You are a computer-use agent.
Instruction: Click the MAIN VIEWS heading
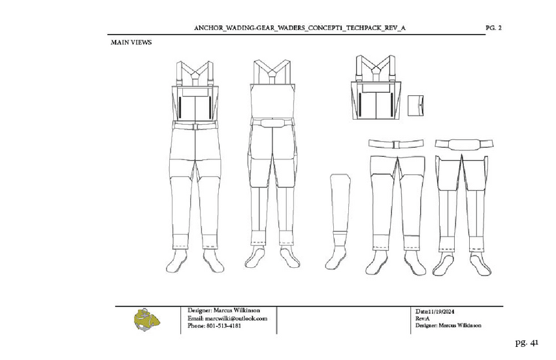pyautogui.click(x=131, y=42)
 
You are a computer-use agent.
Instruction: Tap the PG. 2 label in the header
pyautogui.click(x=494, y=27)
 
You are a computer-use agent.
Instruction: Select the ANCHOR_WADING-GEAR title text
pyautogui.click(x=304, y=27)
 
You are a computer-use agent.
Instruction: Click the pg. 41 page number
pyautogui.click(x=526, y=342)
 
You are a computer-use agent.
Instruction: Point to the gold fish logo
pyautogui.click(x=147, y=319)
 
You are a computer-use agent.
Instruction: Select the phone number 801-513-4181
pyautogui.click(x=214, y=325)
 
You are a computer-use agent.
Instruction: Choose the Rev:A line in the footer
pyautogui.click(x=422, y=318)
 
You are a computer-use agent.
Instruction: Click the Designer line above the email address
pyautogui.click(x=217, y=310)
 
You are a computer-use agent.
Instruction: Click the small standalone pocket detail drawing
pyautogui.click(x=415, y=105)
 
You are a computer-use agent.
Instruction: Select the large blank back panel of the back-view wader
pyautogui.click(x=271, y=101)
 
